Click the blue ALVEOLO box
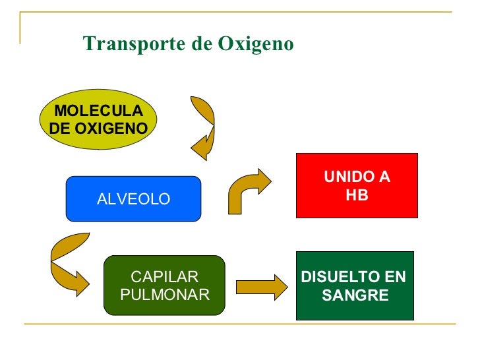pos(133,198)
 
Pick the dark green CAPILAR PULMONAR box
pos(165,285)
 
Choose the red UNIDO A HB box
pos(357,185)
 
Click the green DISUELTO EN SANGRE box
pos(355,285)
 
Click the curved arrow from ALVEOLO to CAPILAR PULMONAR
pos(66,264)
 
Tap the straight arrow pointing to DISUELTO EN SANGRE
pos(261,286)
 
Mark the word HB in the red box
pos(357,196)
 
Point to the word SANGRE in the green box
pos(355,295)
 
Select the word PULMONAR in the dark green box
pos(165,294)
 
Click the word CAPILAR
pos(165,277)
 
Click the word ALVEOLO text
pos(133,199)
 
